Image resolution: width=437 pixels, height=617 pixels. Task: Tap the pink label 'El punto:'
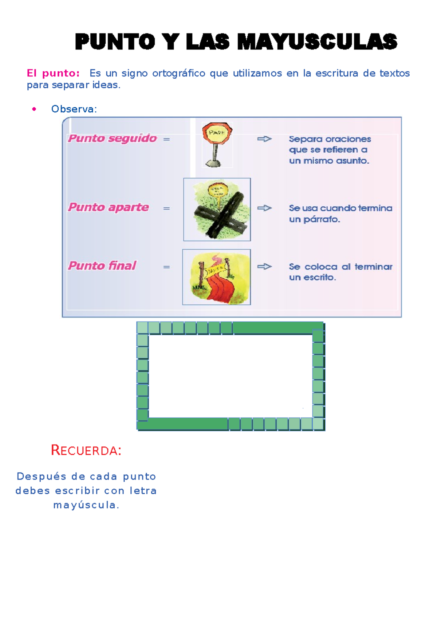pyautogui.click(x=53, y=73)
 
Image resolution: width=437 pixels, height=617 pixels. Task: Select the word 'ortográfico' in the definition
pyautogui.click(x=179, y=73)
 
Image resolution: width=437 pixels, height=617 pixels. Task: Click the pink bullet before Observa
pyautogui.click(x=34, y=109)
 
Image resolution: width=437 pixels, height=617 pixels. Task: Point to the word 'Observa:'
pyautogui.click(x=74, y=109)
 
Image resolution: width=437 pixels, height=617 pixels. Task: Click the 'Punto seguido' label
pyautogui.click(x=113, y=138)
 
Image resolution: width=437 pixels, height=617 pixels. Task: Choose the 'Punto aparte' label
pyautogui.click(x=109, y=207)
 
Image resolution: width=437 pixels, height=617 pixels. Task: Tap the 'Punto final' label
pyautogui.click(x=102, y=266)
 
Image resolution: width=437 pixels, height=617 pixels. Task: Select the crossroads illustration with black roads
pyautogui.click(x=217, y=209)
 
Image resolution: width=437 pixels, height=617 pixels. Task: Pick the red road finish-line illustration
pyautogui.click(x=216, y=277)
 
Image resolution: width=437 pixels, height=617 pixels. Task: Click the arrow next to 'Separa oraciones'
pyautogui.click(x=264, y=139)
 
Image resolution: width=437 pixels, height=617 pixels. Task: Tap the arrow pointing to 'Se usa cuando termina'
pyautogui.click(x=264, y=208)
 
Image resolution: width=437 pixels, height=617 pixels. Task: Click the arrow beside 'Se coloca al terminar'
pyautogui.click(x=264, y=267)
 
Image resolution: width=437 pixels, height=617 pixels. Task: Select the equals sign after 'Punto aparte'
pyautogui.click(x=166, y=208)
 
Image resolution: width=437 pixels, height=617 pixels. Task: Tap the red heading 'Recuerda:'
pyautogui.click(x=86, y=451)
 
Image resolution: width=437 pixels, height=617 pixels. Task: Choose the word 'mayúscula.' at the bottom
pyautogui.click(x=86, y=505)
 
